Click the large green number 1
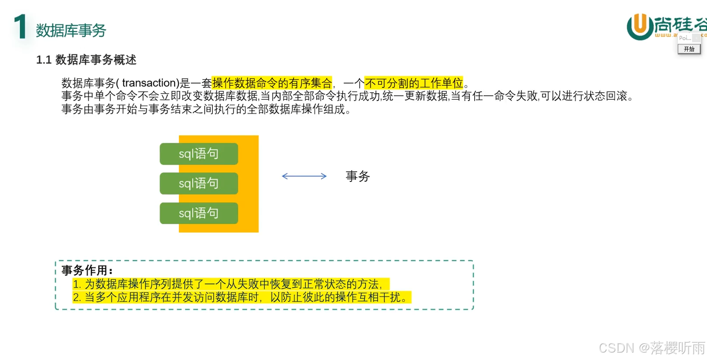20,27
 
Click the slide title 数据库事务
71,30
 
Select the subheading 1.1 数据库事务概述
86,60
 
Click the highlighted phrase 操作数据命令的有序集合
272,83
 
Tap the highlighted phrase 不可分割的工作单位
414,83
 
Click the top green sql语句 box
199,154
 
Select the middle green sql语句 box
199,183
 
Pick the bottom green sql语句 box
199,213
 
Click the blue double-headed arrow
304,176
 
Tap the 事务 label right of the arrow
358,176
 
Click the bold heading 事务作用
87,270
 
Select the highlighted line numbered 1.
231,284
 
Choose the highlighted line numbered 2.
241,297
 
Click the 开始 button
689,49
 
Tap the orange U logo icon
640,26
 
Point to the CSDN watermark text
616,348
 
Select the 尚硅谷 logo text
680,24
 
